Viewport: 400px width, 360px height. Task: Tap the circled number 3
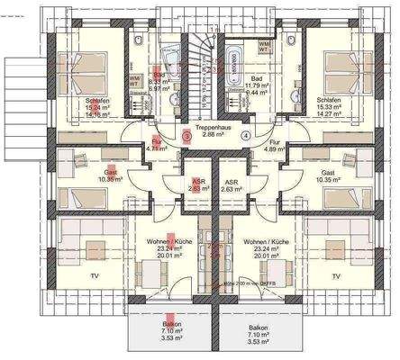[x=186, y=136]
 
